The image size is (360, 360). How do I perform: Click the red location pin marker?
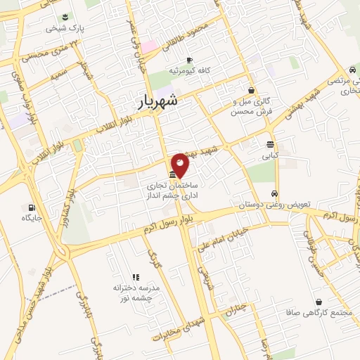pos(180,165)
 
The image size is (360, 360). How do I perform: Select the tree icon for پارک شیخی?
pos(65,17)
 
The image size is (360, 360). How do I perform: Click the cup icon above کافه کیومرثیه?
pos(188,60)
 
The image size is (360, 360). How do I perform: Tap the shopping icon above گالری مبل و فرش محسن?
pos(251,89)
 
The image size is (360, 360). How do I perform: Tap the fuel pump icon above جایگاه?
pos(32,207)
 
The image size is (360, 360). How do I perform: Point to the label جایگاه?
pos(32,219)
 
